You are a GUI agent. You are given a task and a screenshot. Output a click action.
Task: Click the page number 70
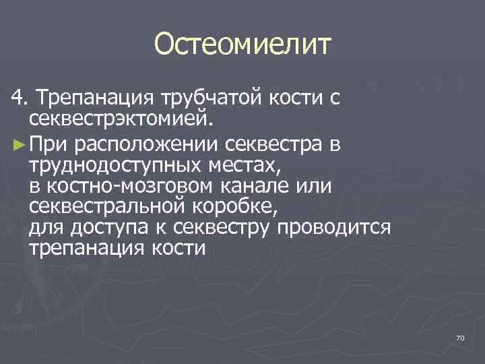pyautogui.click(x=460, y=337)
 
